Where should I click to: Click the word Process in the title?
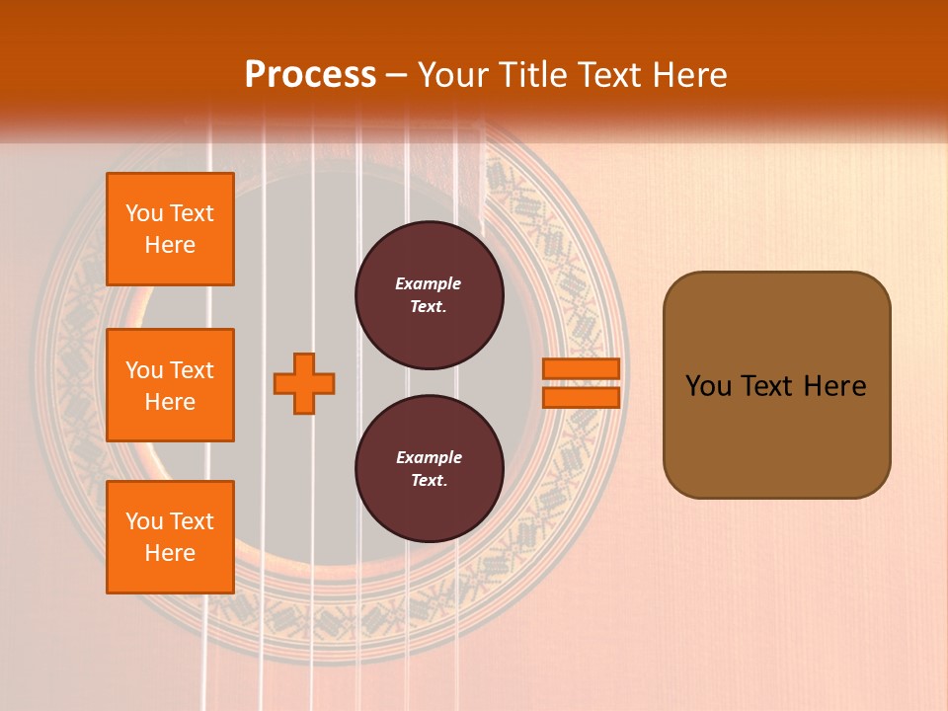pos(310,75)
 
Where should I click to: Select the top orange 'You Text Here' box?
pos(170,229)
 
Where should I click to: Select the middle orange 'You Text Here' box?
pos(170,385)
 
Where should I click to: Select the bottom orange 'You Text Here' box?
pos(170,536)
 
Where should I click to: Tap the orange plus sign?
pos(304,383)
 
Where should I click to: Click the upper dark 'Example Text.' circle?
pos(429,295)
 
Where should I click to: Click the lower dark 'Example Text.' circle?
pos(429,469)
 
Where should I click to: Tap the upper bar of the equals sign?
pos(581,368)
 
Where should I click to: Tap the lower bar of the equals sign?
pos(581,397)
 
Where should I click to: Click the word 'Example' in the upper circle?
pos(429,284)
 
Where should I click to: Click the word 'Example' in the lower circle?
pos(429,458)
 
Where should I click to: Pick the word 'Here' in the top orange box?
pos(170,245)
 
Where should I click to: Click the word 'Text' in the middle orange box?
pos(192,370)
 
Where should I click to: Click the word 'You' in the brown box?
pos(708,386)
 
